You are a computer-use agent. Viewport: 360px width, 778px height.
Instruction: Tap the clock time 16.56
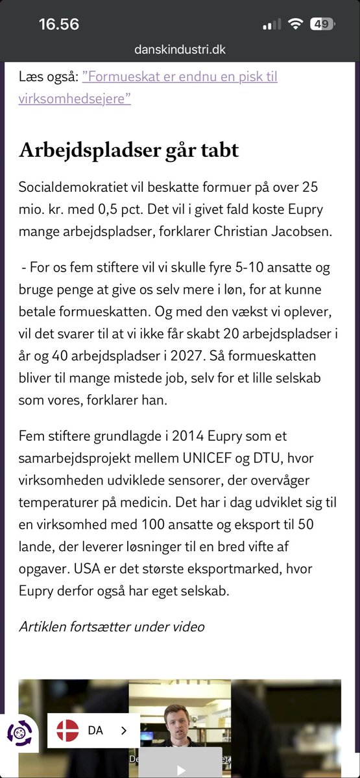click(58, 25)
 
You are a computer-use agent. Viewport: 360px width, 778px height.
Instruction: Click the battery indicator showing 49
click(320, 25)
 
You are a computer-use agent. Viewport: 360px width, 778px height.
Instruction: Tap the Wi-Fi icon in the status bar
click(296, 25)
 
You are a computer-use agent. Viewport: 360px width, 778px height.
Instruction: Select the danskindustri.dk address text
click(180, 49)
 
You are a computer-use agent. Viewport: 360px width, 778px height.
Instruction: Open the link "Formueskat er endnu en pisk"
click(180, 77)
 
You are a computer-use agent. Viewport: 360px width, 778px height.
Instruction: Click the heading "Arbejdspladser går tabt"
click(128, 150)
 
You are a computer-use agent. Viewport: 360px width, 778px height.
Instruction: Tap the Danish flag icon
click(67, 731)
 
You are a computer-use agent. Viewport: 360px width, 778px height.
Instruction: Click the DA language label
click(95, 731)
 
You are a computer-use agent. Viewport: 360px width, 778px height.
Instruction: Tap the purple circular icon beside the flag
click(20, 733)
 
